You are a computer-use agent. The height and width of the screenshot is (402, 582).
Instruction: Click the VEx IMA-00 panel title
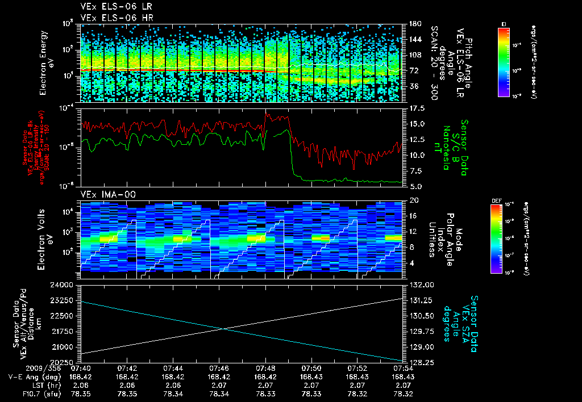101,194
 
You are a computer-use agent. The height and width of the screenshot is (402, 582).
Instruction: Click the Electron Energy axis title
47,62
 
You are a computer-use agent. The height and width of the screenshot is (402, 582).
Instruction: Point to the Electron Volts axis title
47,236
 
